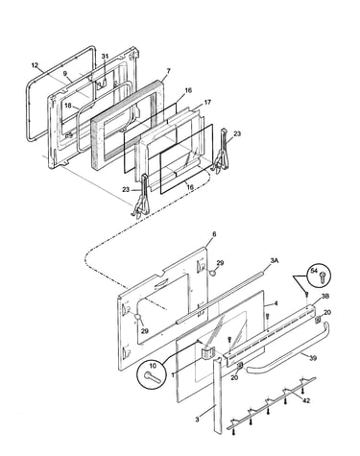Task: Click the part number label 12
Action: (35, 65)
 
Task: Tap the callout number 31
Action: (105, 56)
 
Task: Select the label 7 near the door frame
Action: (169, 71)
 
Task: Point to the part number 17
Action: (207, 103)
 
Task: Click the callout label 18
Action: (67, 106)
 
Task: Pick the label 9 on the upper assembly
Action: (65, 73)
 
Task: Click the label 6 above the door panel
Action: (214, 234)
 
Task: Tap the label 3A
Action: (275, 261)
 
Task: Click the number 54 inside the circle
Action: (314, 272)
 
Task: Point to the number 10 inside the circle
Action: (153, 366)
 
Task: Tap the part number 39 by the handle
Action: (313, 358)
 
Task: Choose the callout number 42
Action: (306, 400)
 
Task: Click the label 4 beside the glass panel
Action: (276, 303)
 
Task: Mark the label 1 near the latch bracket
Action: (173, 375)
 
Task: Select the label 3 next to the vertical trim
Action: (198, 419)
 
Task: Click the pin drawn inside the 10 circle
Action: (153, 376)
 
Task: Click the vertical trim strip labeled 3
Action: (217, 396)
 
